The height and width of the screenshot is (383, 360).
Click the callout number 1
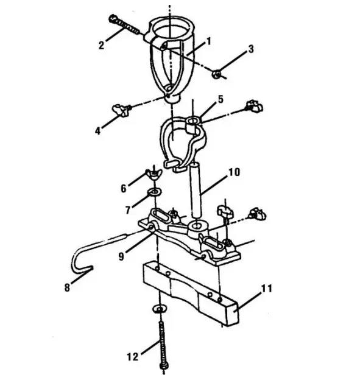[x=208, y=41]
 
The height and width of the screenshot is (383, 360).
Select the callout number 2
[x=102, y=44]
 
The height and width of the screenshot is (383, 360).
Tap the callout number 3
[x=250, y=48]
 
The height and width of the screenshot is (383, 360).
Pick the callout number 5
[x=221, y=97]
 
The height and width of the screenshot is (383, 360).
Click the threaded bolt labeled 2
[x=127, y=25]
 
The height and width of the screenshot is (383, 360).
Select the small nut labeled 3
[x=216, y=74]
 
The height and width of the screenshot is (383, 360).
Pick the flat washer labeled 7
[x=154, y=194]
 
